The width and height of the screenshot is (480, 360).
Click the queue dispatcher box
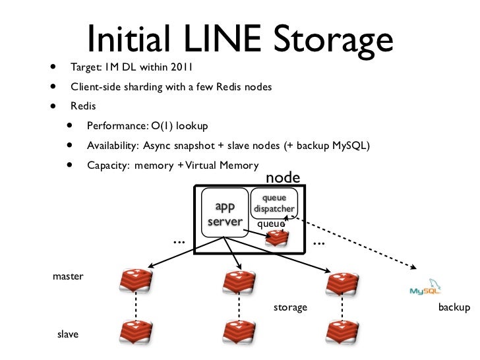click(x=274, y=203)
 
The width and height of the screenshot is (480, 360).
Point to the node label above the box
click(x=282, y=177)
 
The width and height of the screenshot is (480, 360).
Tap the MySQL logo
click(x=427, y=287)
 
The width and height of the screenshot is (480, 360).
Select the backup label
click(x=454, y=308)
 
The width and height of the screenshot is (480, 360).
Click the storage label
click(x=290, y=308)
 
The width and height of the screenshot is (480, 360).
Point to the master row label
click(x=68, y=276)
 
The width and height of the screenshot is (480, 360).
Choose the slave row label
click(x=68, y=334)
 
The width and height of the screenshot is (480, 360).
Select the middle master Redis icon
click(x=237, y=282)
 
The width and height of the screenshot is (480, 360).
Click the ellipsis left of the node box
click(x=178, y=241)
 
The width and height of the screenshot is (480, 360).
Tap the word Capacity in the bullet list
click(x=107, y=165)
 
